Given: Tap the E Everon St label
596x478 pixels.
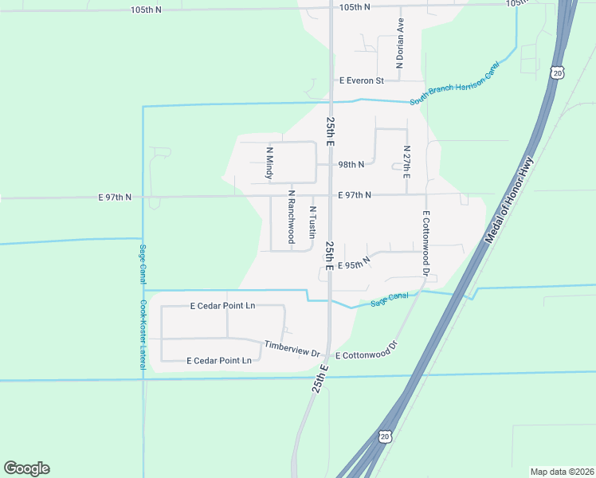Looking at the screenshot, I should click(x=361, y=80).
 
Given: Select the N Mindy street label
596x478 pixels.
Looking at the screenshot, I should click(x=269, y=163).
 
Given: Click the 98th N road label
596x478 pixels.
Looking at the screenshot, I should click(x=351, y=165).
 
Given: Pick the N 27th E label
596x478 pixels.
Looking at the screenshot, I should click(x=406, y=162).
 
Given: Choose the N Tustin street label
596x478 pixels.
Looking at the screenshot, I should click(x=312, y=221).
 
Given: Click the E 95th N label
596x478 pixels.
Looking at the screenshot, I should click(x=355, y=264).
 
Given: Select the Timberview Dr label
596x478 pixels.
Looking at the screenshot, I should click(x=292, y=349).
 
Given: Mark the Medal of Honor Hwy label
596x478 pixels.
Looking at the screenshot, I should click(x=508, y=201).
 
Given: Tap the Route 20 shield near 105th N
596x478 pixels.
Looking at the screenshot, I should click(x=558, y=72).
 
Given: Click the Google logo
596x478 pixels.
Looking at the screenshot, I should click(x=26, y=468).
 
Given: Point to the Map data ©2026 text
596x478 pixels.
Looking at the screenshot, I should click(x=562, y=471).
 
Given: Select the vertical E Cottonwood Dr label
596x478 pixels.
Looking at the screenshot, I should click(x=427, y=244).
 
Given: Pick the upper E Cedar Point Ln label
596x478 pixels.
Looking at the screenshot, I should click(x=222, y=305).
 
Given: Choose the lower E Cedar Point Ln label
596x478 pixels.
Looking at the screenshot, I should click(x=219, y=361).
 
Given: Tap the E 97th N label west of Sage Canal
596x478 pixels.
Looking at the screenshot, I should click(x=115, y=196).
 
